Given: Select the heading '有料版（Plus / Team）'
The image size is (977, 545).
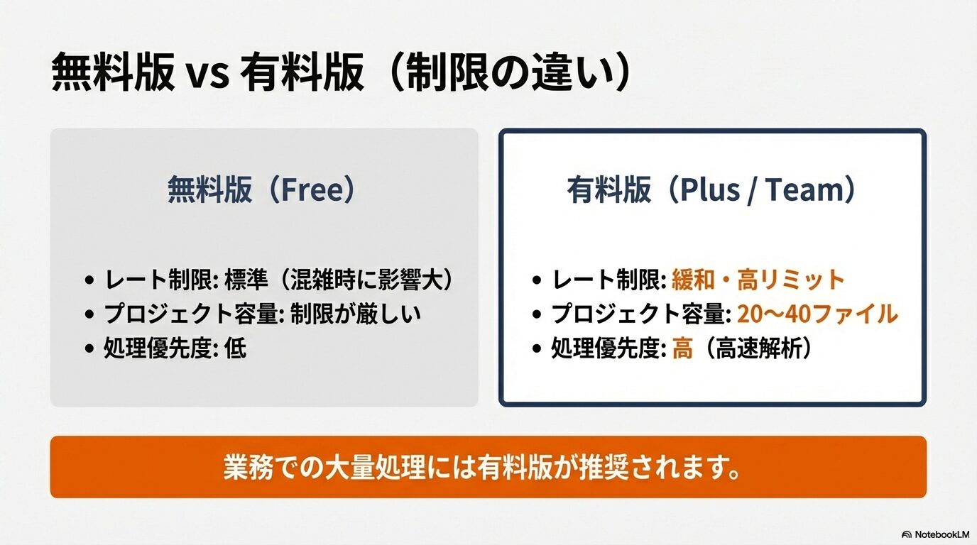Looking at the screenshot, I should click(x=712, y=190).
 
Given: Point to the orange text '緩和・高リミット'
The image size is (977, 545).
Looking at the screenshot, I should click(x=758, y=280).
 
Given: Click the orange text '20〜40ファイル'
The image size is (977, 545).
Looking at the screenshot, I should click(x=817, y=314).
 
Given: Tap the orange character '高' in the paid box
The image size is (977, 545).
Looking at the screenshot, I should click(x=682, y=348).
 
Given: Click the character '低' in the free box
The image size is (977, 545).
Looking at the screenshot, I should click(x=235, y=348).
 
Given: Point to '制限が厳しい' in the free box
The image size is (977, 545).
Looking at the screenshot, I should click(x=356, y=314).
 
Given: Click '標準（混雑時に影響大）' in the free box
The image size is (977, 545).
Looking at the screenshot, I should click(x=339, y=280).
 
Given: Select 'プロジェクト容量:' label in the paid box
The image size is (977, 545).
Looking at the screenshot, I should click(x=641, y=314).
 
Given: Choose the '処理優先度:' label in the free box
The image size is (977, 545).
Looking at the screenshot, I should click(x=160, y=348).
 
